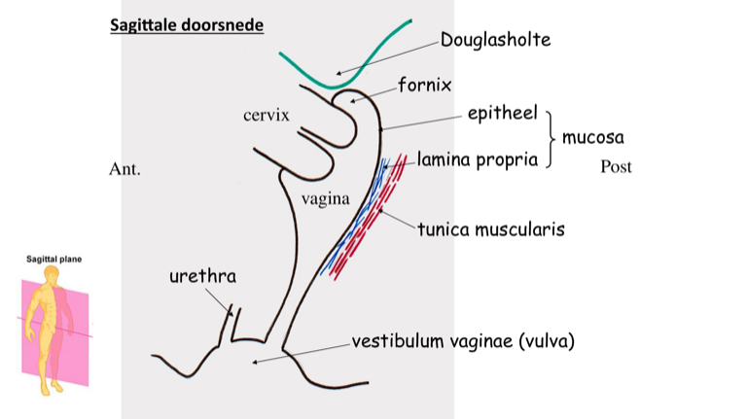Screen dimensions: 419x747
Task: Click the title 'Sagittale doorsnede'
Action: (186, 24)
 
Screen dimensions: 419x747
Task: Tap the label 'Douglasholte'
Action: (495, 40)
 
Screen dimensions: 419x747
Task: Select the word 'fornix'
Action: (424, 86)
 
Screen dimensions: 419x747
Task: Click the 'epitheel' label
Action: (502, 115)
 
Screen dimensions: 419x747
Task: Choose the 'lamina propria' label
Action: (478, 159)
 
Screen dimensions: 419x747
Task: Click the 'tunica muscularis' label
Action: (491, 229)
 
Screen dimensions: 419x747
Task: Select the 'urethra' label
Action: (202, 277)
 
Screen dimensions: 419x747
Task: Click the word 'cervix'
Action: (267, 116)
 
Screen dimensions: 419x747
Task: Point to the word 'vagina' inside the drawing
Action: (325, 199)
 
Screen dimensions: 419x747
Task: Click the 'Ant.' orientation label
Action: (125, 169)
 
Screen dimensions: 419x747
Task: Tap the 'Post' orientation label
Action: (616, 166)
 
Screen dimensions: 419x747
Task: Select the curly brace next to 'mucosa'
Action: (552, 138)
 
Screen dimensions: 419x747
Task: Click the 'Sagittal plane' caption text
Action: (52, 260)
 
